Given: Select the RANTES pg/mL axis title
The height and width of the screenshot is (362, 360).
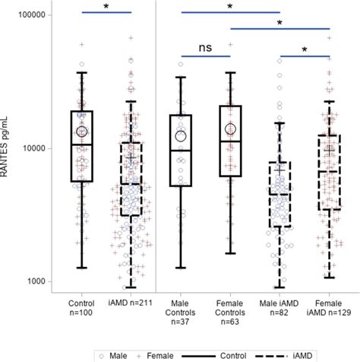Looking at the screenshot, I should (x=7, y=148).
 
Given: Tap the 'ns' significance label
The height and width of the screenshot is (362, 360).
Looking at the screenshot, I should (x=205, y=47).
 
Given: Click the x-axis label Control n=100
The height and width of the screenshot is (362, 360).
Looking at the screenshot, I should (x=81, y=308).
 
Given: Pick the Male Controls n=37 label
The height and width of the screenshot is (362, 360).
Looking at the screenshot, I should (x=181, y=313).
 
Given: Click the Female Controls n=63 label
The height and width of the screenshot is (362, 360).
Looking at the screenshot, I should (x=230, y=313).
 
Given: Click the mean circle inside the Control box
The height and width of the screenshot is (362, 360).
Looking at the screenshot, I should (x=82, y=132).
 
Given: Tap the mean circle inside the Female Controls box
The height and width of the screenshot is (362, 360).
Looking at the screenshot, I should (x=230, y=130).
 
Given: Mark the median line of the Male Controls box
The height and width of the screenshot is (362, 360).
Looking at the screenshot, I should (x=181, y=151).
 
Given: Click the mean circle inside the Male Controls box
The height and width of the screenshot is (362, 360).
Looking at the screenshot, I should (x=181, y=135).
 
